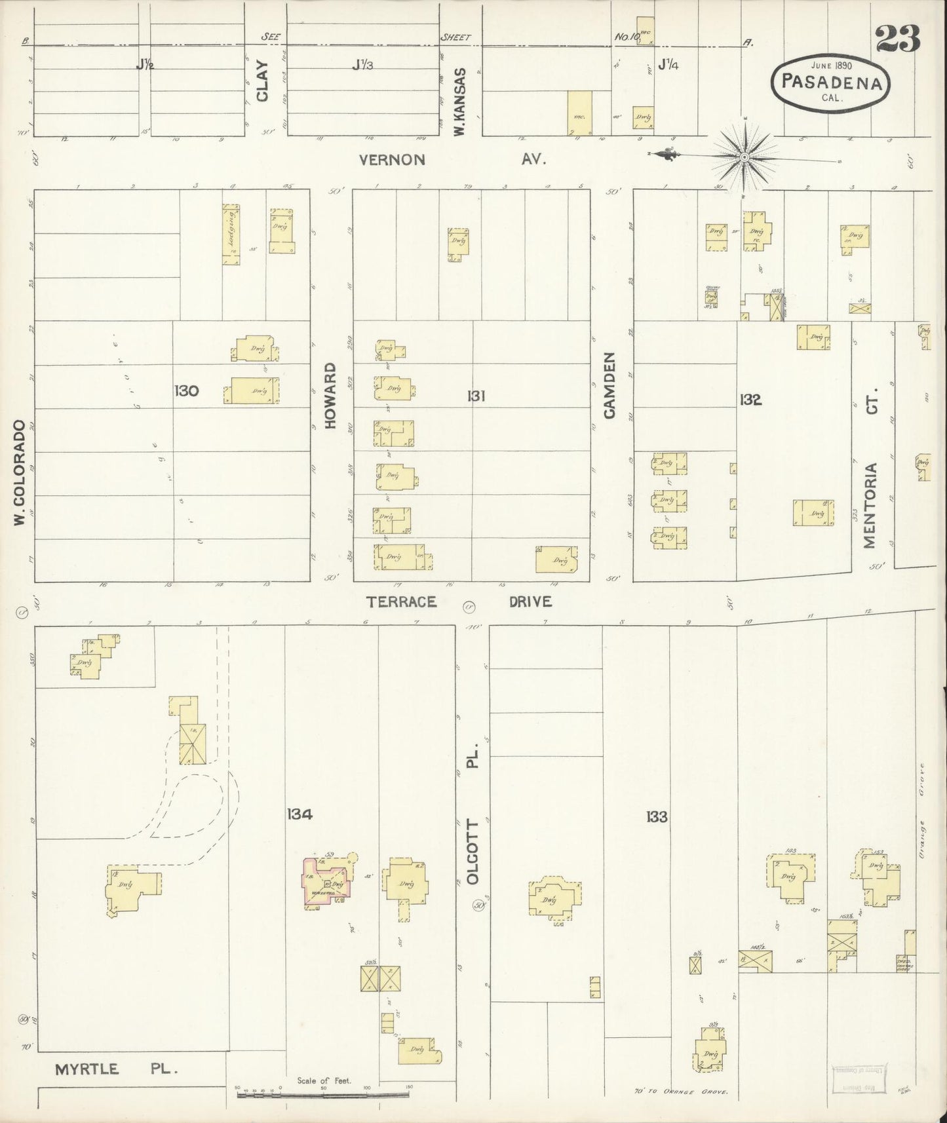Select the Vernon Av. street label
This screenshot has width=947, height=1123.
coord(452,159)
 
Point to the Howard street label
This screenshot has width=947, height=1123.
coord(330,395)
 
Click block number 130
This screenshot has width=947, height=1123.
coord(187,391)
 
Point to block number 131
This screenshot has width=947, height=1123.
coord(476,396)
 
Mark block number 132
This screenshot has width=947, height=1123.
coord(750,400)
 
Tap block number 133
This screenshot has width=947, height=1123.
coord(656,816)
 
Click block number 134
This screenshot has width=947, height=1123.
coord(299,814)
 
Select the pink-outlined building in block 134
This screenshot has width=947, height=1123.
coord(326,883)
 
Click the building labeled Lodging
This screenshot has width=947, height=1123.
coord(231,234)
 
